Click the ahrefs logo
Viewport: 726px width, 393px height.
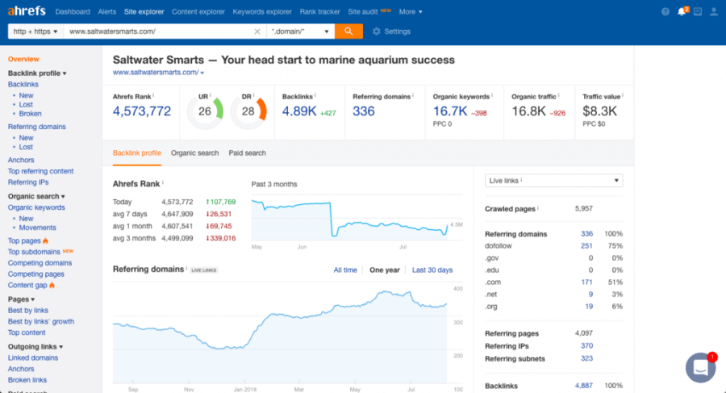tap(27, 11)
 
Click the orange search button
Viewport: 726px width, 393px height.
tap(348, 31)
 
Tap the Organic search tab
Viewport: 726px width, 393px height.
tap(194, 153)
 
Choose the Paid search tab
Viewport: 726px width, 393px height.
tap(247, 153)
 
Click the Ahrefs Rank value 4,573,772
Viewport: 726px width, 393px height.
tap(142, 111)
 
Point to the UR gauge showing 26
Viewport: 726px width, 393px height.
tap(205, 111)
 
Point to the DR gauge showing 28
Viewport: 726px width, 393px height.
tap(248, 111)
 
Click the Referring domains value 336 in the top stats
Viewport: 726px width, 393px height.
tap(364, 111)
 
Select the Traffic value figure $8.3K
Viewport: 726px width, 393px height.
tap(599, 111)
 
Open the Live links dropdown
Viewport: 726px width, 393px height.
tap(553, 181)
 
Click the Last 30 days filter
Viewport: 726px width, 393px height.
tap(432, 270)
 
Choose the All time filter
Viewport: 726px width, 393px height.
tap(344, 270)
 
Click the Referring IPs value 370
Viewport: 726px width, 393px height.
tap(586, 346)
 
